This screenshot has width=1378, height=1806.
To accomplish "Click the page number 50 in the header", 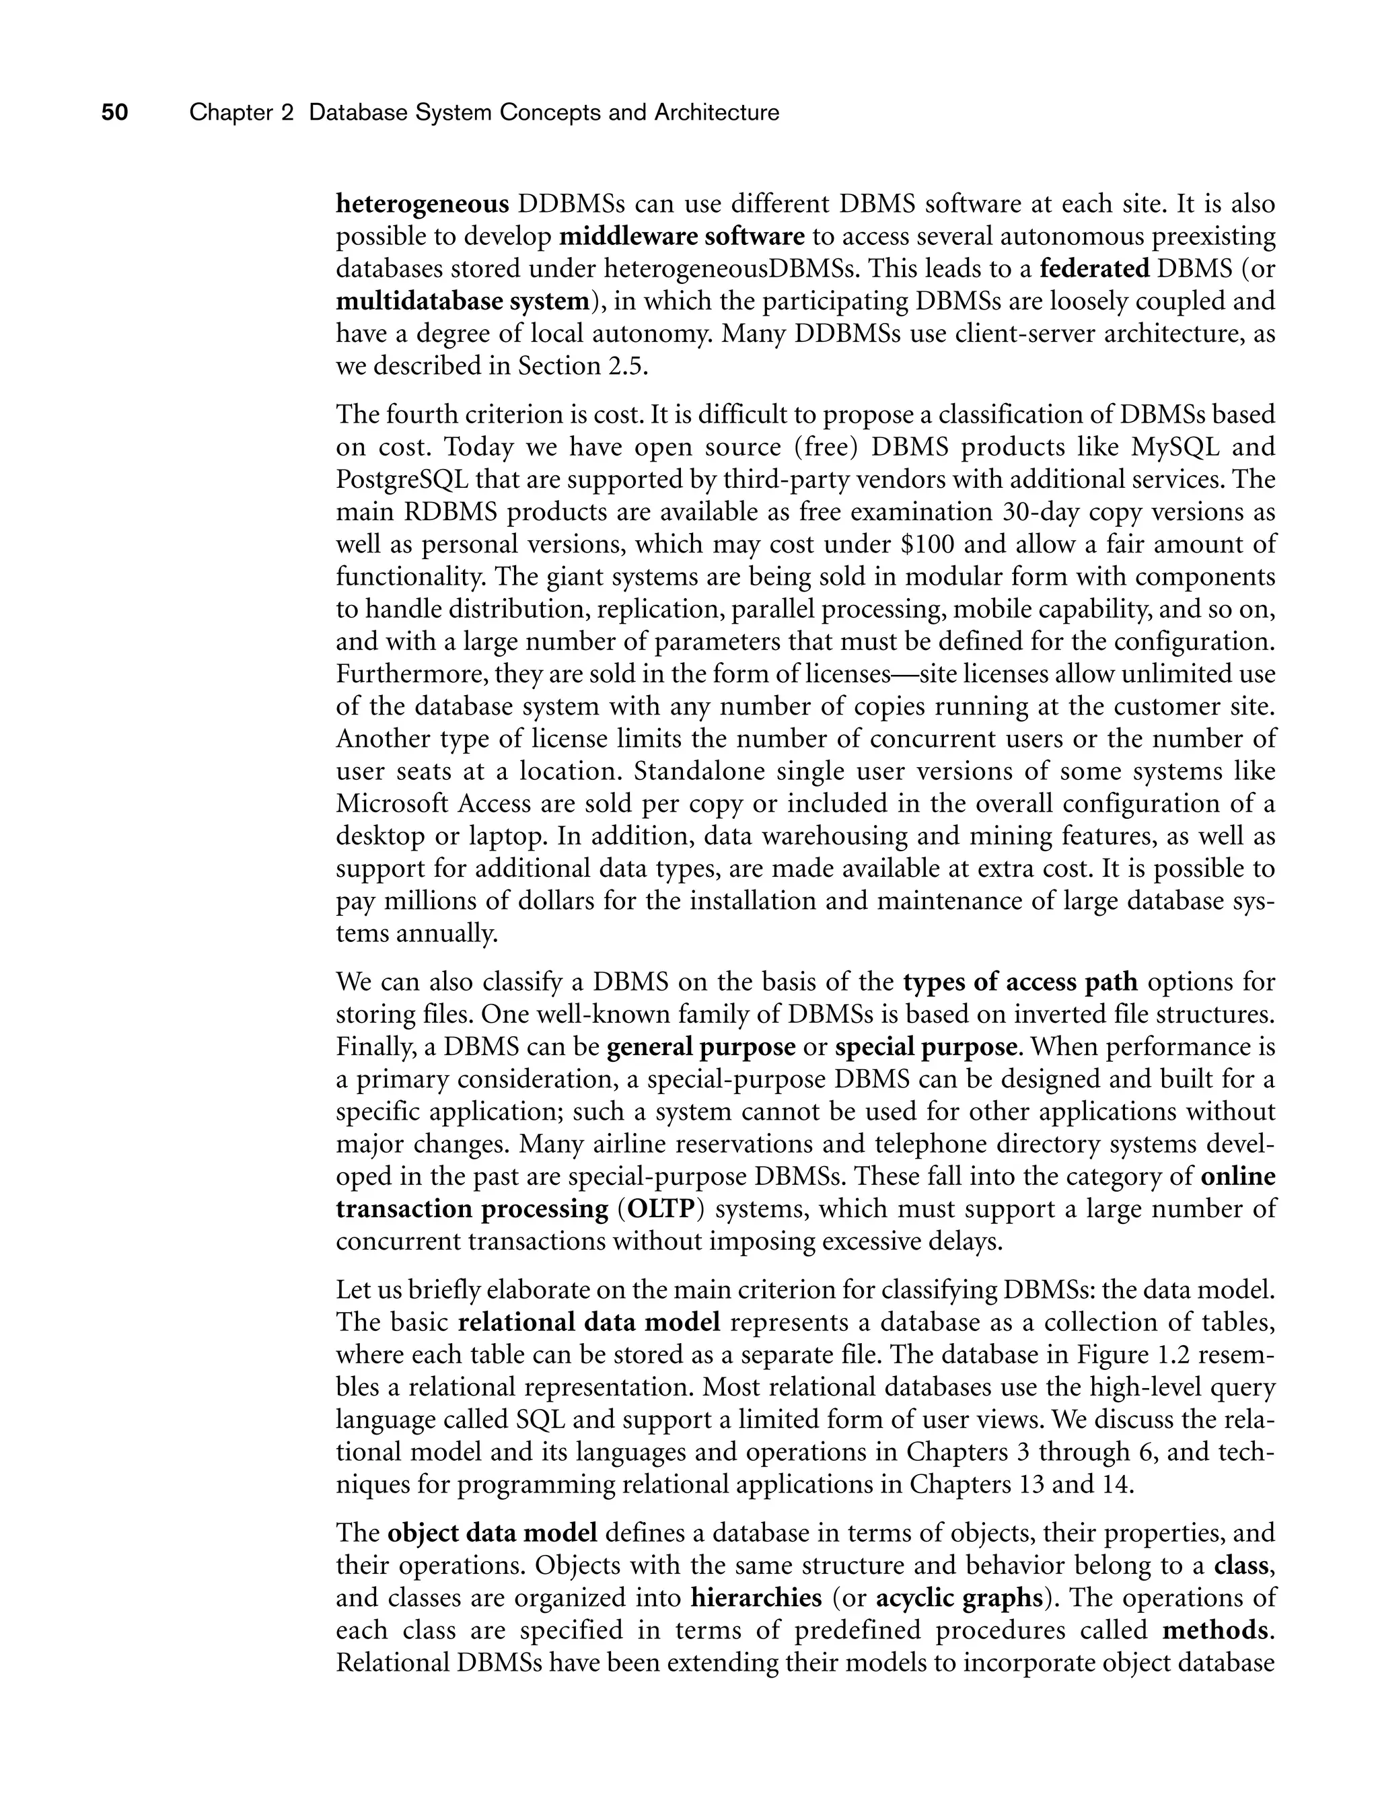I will [x=115, y=112].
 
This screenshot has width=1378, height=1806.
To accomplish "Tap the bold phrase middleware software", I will [x=682, y=237].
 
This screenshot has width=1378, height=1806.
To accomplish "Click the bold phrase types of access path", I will [x=1020, y=982].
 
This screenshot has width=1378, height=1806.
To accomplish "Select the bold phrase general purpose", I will [x=701, y=1048].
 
